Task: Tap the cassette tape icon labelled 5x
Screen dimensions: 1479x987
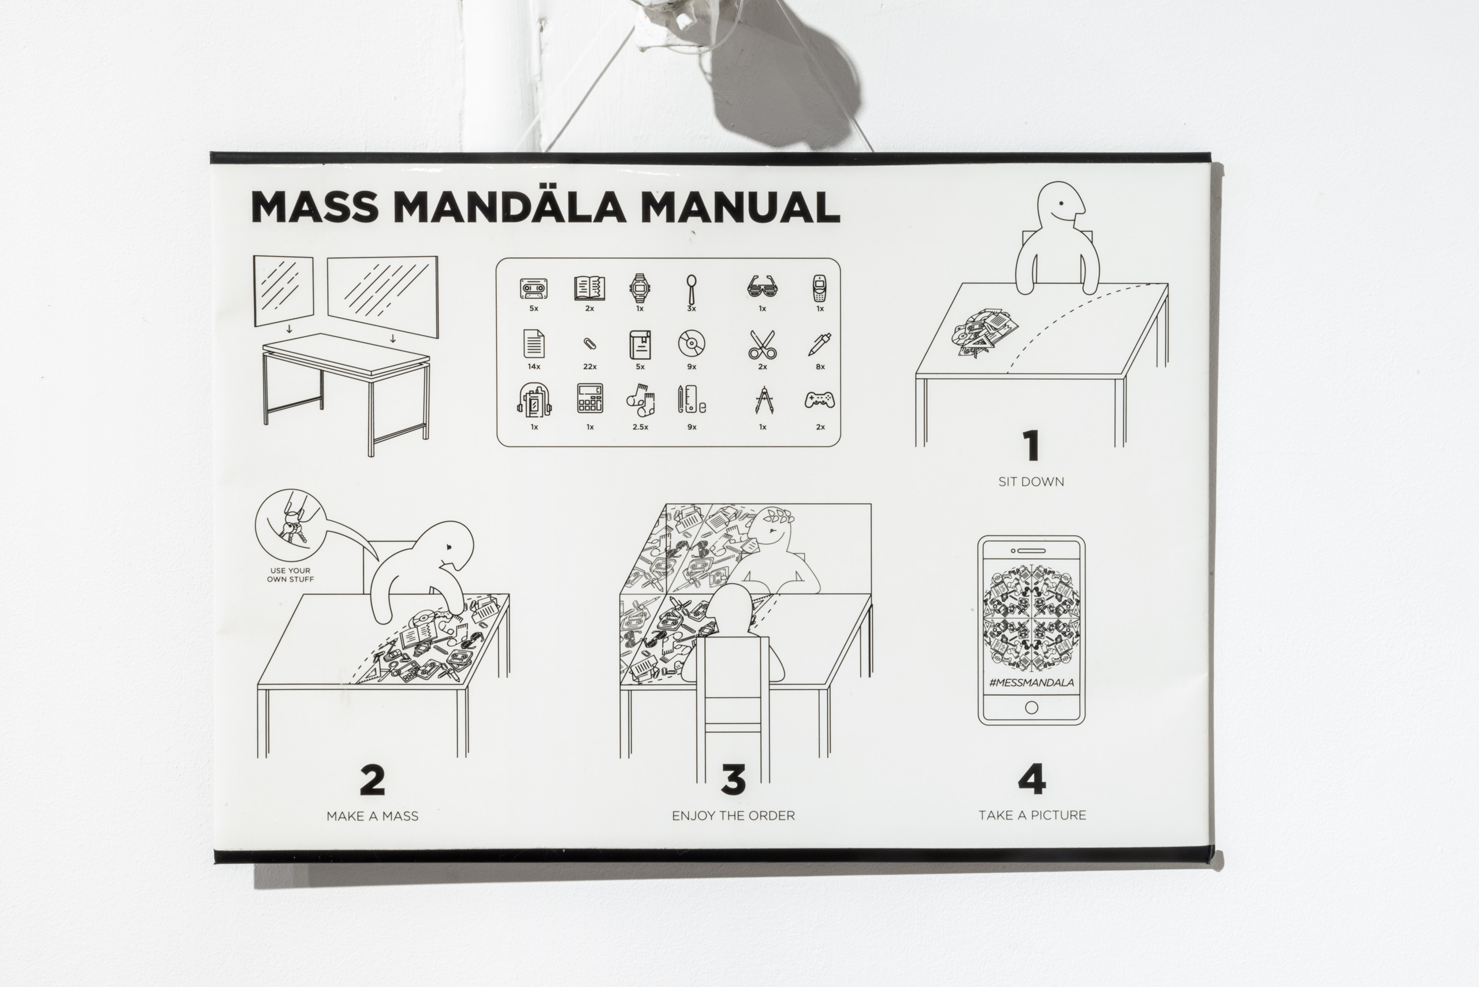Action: pyautogui.click(x=533, y=289)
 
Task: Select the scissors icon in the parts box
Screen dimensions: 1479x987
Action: pyautogui.click(x=763, y=344)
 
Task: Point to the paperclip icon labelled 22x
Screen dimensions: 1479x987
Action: pyautogui.click(x=589, y=344)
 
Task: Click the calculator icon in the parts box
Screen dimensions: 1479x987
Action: pyautogui.click(x=590, y=398)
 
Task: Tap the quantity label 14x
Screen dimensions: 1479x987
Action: pyautogui.click(x=534, y=366)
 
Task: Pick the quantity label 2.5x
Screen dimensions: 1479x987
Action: pyautogui.click(x=640, y=427)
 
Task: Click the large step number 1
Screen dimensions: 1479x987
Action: pyautogui.click(x=1031, y=446)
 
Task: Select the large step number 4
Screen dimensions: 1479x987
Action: pyautogui.click(x=1031, y=779)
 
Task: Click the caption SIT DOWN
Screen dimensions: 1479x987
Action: pyautogui.click(x=1031, y=482)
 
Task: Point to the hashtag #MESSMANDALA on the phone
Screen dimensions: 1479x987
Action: pyautogui.click(x=1031, y=682)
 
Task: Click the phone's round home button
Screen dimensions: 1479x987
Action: pyautogui.click(x=1031, y=707)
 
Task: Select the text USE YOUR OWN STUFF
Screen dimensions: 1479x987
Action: pyautogui.click(x=290, y=575)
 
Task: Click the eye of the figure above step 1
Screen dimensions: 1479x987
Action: pyautogui.click(x=1061, y=204)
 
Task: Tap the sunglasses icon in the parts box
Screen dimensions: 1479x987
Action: pyautogui.click(x=763, y=288)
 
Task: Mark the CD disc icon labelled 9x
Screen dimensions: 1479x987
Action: pyautogui.click(x=692, y=344)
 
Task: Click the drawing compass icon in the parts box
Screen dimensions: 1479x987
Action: pyautogui.click(x=763, y=400)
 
